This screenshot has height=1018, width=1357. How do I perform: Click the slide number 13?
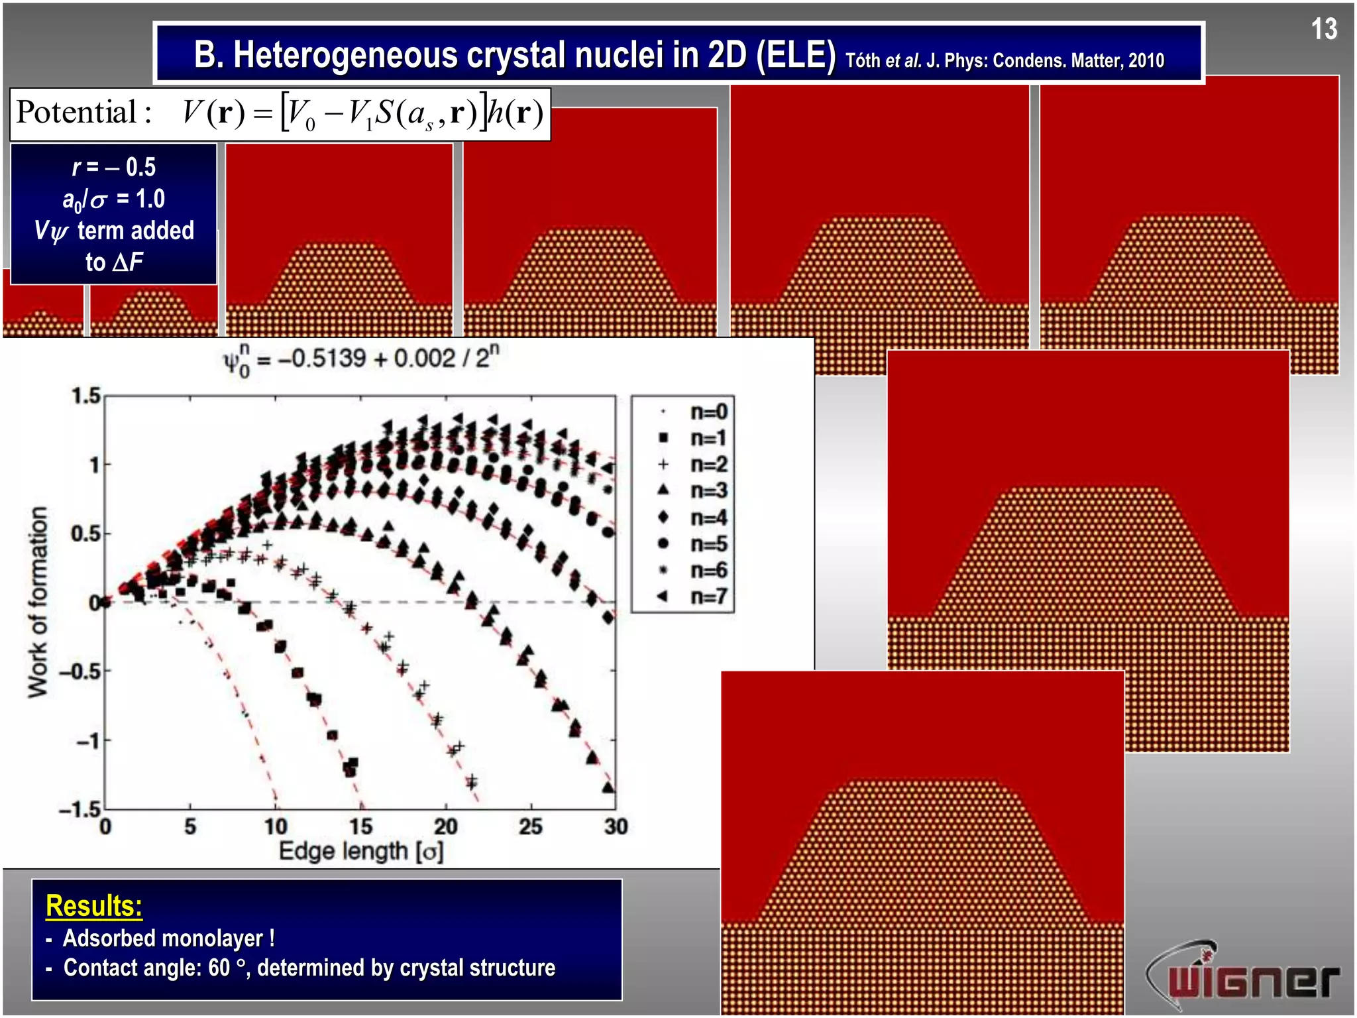tap(1323, 29)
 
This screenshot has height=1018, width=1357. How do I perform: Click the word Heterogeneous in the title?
tap(345, 55)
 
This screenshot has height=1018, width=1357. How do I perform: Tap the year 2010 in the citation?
tap(1146, 61)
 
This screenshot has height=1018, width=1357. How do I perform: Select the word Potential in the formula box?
tap(76, 112)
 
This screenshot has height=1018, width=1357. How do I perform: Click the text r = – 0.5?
tap(114, 167)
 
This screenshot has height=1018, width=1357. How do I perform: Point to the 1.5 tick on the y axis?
tap(86, 396)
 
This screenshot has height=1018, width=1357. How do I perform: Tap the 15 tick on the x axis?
tap(360, 827)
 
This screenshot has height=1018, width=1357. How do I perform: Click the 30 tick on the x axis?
tap(616, 827)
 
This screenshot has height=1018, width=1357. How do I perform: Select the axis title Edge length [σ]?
tap(361, 851)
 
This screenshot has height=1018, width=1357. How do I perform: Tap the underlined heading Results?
tap(94, 906)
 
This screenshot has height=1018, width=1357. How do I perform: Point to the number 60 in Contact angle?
tap(219, 968)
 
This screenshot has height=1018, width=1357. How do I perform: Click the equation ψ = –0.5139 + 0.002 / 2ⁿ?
tap(361, 360)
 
